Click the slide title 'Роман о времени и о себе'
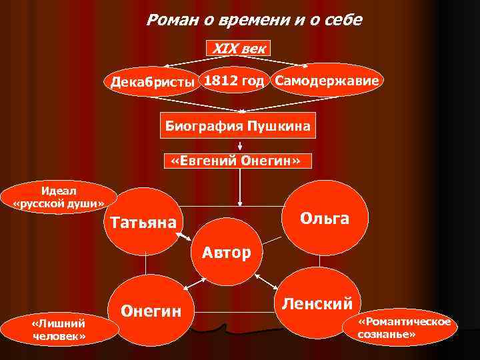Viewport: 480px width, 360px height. tap(254, 20)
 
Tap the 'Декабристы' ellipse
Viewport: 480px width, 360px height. tap(153, 82)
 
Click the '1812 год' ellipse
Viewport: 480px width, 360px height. tap(235, 80)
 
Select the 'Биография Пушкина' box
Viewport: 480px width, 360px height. tap(238, 126)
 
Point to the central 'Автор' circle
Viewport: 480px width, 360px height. tap(227, 251)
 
